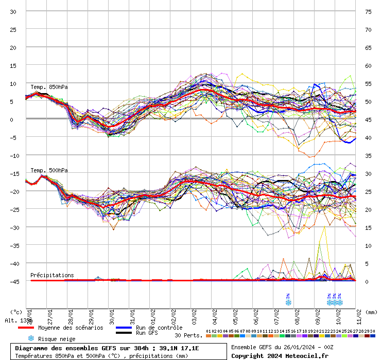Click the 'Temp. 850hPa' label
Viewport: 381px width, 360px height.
(49, 87)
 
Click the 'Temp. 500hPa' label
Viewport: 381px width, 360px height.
(49, 170)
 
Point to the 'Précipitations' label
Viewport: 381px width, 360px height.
(52, 275)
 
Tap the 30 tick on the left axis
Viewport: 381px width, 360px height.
(13, 11)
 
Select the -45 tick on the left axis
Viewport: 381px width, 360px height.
(13, 281)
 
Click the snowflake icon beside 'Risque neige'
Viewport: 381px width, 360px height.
(30, 338)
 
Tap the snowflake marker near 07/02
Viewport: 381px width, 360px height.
(288, 302)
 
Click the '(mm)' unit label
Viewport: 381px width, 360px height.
(372, 312)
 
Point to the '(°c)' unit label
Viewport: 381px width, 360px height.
(16, 312)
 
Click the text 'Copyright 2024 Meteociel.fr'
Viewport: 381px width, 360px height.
(280, 355)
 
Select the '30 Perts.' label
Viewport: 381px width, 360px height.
(188, 335)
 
